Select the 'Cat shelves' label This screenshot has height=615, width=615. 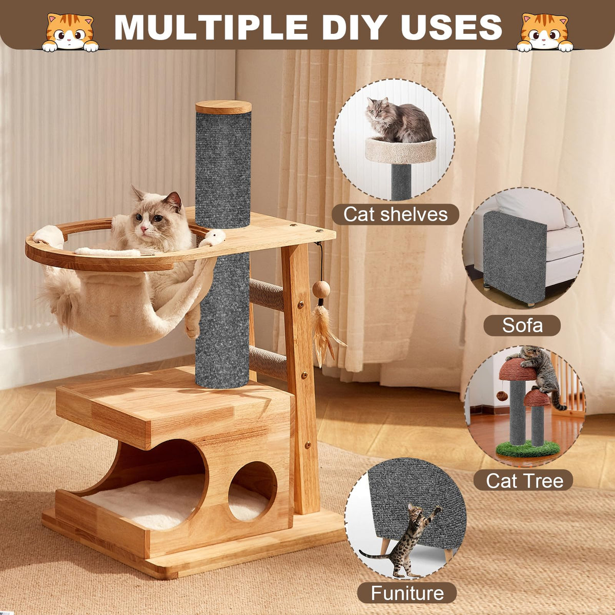point(396,214)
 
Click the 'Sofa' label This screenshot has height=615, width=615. point(522,325)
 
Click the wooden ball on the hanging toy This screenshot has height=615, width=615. point(321,290)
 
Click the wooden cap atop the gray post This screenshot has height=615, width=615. point(223,107)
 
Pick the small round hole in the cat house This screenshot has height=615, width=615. point(252,492)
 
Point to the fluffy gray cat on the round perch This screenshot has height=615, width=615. point(399,120)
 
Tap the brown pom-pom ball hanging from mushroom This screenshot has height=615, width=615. point(502,396)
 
